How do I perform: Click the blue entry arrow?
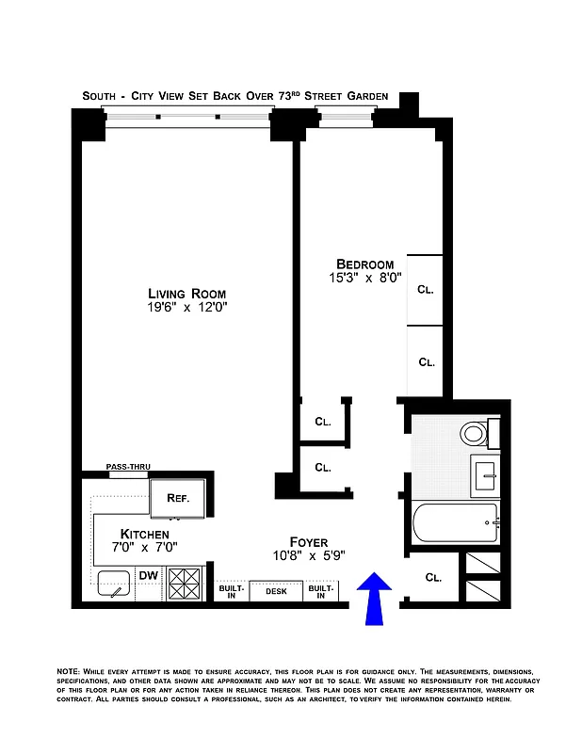(x=375, y=598)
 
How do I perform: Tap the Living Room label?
(x=186, y=293)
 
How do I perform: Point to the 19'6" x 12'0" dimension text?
(x=186, y=307)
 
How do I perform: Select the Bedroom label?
(x=365, y=264)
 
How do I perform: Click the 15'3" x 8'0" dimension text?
(x=365, y=278)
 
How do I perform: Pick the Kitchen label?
(x=144, y=534)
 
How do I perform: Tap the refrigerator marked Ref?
(x=179, y=498)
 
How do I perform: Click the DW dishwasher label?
(x=148, y=575)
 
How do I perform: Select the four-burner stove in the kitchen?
(x=185, y=583)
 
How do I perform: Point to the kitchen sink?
(x=115, y=585)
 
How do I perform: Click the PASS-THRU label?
(x=128, y=467)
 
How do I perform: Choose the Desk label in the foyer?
(x=276, y=591)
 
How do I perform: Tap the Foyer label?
(x=308, y=542)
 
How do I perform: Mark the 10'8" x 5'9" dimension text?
(x=309, y=555)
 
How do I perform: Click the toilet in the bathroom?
(x=476, y=434)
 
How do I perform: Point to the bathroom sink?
(x=488, y=473)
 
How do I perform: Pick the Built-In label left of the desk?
(x=232, y=591)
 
